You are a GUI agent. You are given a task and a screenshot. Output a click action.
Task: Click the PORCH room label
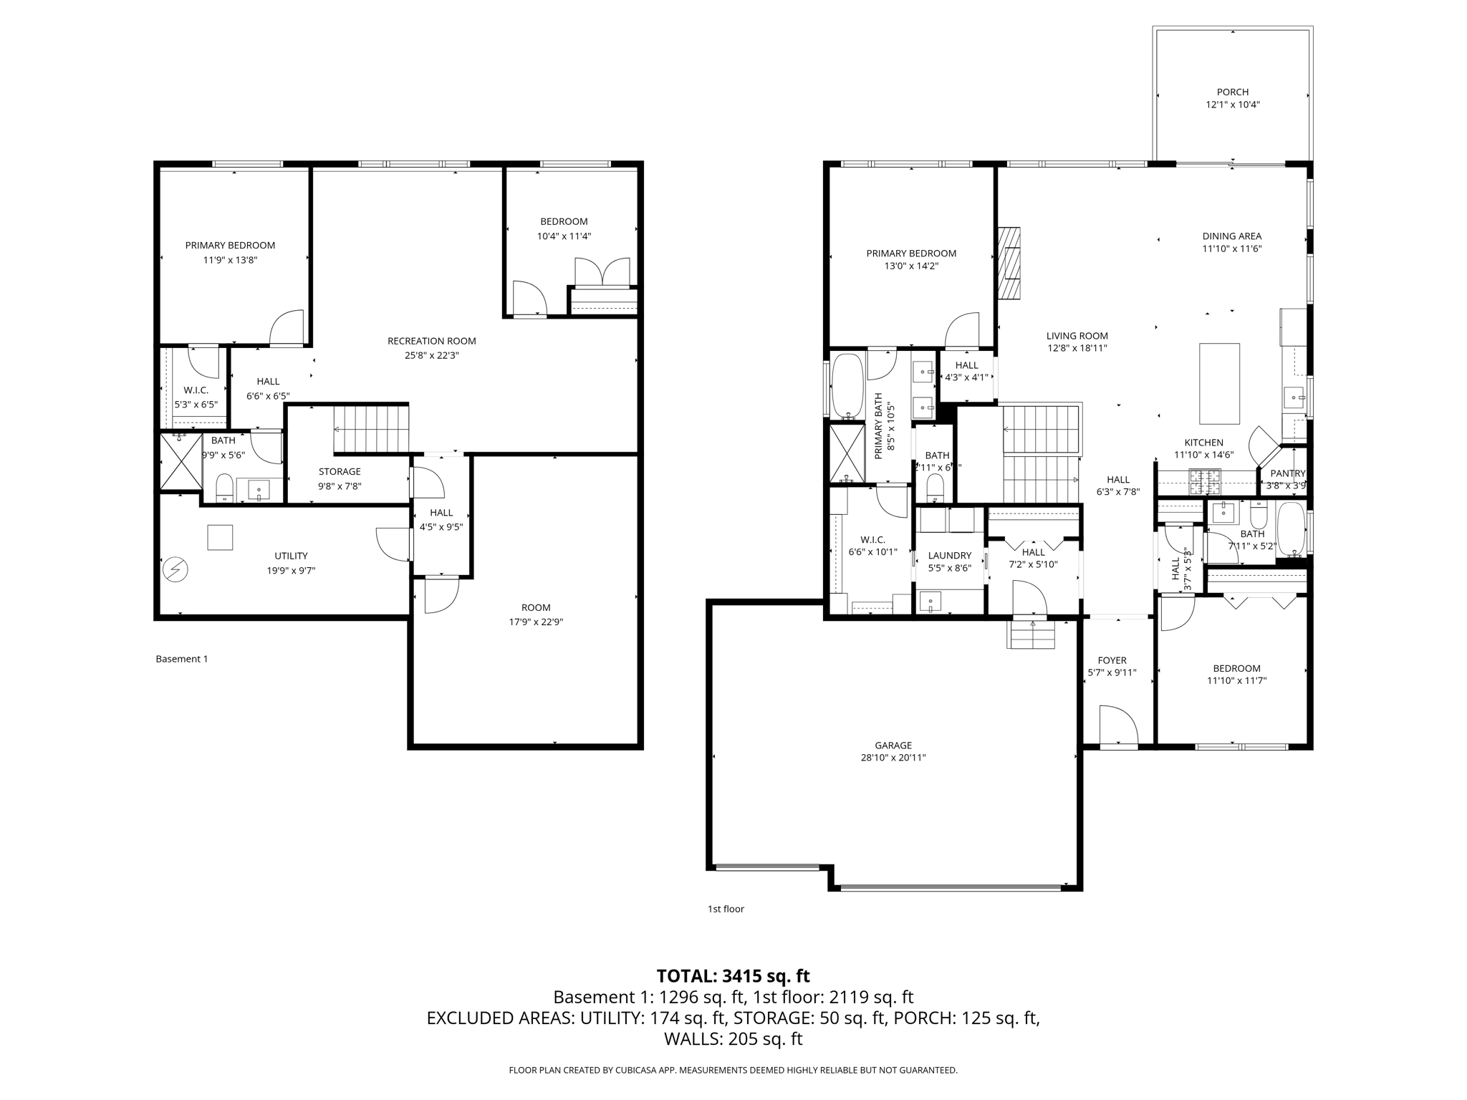click(1232, 92)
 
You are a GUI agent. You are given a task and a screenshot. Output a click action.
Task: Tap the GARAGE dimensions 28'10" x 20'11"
click(893, 758)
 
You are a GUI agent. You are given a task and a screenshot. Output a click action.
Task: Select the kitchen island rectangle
click(1219, 383)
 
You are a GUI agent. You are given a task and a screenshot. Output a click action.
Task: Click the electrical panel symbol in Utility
click(175, 570)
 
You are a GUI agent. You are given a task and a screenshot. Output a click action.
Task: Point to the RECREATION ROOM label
click(431, 341)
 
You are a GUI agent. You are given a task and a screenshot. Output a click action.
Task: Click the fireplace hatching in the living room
click(1009, 263)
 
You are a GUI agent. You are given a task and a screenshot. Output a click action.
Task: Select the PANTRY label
click(1287, 473)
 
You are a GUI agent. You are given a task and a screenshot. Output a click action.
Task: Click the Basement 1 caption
click(182, 659)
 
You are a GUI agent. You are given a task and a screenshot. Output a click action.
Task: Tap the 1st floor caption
click(726, 909)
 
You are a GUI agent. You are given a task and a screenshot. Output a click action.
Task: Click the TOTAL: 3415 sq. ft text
click(733, 976)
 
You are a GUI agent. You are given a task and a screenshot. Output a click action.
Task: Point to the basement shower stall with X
click(181, 462)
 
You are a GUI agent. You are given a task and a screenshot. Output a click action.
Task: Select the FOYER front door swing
click(1117, 727)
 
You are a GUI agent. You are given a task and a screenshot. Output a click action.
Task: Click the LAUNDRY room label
click(949, 556)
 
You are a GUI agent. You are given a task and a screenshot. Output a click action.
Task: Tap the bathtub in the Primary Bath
click(847, 385)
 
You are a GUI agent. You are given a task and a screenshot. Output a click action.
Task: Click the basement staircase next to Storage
click(371, 429)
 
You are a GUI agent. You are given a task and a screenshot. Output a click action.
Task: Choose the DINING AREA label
click(1231, 236)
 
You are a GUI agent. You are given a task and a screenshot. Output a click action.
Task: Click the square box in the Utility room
click(220, 537)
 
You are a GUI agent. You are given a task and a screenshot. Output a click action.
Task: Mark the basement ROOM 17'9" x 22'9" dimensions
click(536, 622)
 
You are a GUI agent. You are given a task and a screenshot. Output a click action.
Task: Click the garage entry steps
click(1031, 635)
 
